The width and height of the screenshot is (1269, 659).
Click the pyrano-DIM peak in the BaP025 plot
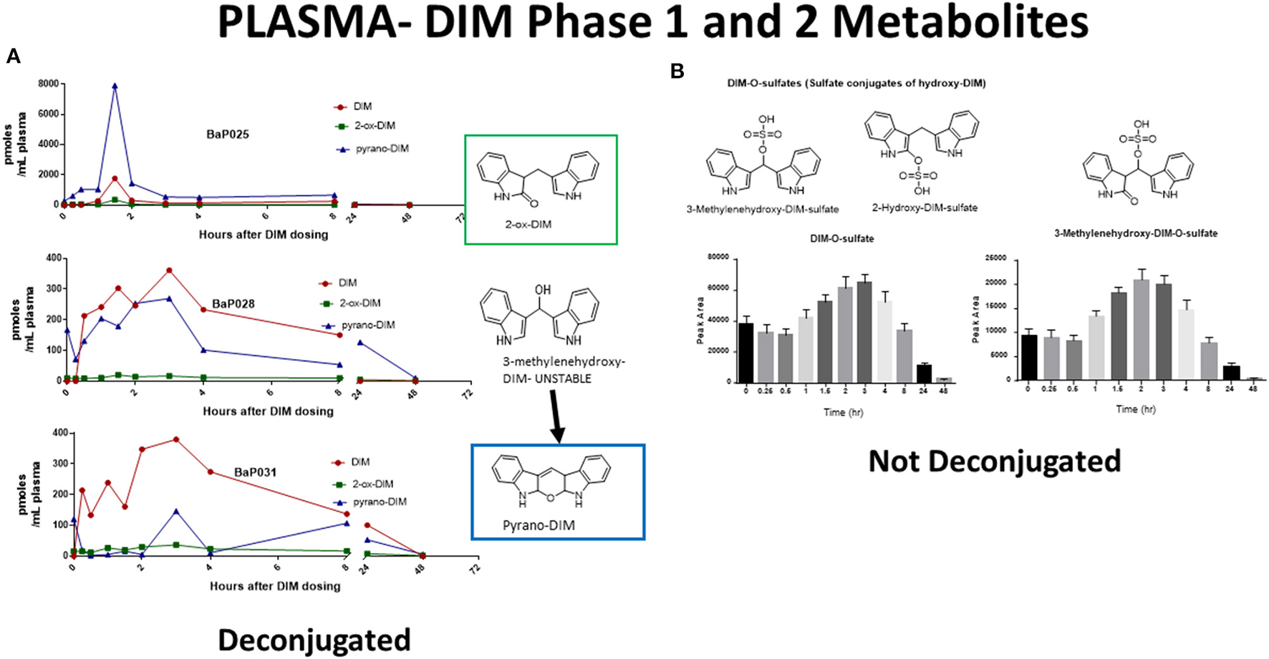tap(115, 86)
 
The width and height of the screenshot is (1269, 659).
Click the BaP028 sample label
tap(233, 304)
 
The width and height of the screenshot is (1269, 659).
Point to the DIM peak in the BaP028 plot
tap(169, 270)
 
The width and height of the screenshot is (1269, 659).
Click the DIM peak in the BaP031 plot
tap(175, 439)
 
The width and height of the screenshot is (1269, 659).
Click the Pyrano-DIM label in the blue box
tap(539, 526)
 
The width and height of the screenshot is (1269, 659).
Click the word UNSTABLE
tap(564, 379)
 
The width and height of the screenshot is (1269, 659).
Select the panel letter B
tap(677, 71)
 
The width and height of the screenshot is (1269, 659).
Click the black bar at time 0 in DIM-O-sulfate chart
tap(746, 352)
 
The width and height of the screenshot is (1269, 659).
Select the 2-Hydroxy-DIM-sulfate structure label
tap(924, 208)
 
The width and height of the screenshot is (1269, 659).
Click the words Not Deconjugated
tap(994, 462)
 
